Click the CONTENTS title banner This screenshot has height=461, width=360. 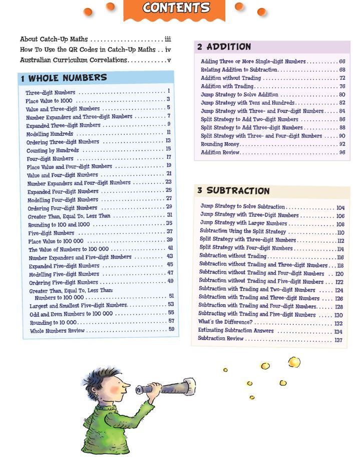176,9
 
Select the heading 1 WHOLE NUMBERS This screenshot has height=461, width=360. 64,78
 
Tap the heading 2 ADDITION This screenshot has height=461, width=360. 224,47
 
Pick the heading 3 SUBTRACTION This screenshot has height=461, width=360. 233,191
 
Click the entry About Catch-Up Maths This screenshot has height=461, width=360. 54,39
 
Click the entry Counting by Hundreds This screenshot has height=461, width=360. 53,150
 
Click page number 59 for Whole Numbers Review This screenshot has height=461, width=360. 171,329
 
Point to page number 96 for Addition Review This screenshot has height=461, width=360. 342,152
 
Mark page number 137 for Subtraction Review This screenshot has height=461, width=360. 338,340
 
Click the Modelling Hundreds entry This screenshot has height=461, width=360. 50,134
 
